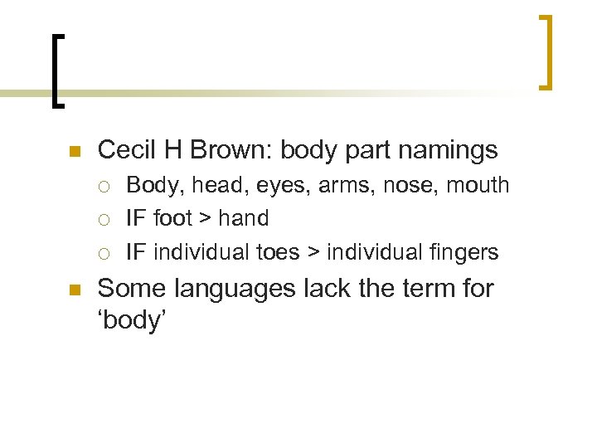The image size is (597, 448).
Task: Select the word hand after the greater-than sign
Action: [243, 218]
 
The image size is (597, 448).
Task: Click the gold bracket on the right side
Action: [546, 51]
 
